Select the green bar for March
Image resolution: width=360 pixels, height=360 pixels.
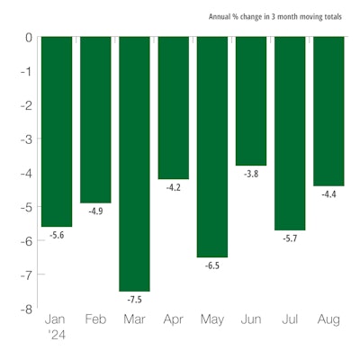coord(134,162)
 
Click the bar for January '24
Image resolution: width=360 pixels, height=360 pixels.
coord(57,130)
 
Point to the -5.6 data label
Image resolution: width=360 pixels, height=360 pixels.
coord(57,234)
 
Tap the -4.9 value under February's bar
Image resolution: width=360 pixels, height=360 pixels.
coord(95,211)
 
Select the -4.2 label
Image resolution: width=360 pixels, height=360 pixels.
coord(173,188)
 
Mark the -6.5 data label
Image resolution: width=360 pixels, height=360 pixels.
coord(211,266)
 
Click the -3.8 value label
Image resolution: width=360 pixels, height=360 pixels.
coord(251,174)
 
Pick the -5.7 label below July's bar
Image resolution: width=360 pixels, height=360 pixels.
coord(290,238)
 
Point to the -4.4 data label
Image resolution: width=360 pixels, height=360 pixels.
coord(328,194)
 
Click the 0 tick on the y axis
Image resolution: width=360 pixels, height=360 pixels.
coord(29,38)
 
